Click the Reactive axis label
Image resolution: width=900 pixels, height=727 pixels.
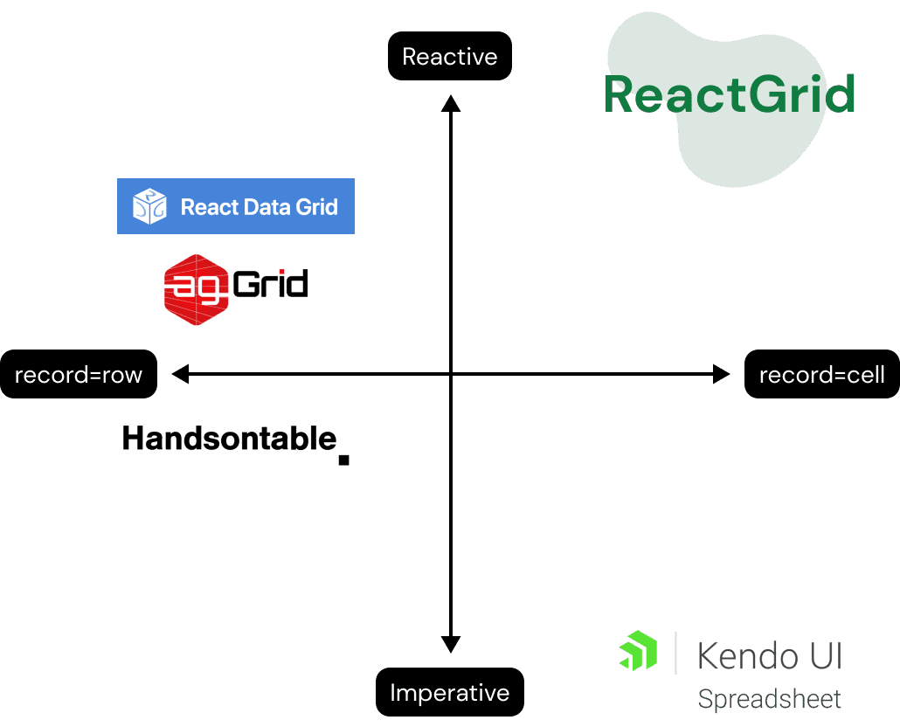click(x=449, y=58)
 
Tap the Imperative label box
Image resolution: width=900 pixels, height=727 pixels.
click(x=449, y=693)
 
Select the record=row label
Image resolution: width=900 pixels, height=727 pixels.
click(x=78, y=375)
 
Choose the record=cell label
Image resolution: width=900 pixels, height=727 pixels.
click(x=821, y=375)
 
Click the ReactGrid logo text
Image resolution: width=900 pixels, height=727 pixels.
click(x=729, y=94)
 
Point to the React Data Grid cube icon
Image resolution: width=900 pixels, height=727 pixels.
click(x=149, y=206)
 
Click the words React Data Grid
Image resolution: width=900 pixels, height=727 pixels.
click(x=259, y=207)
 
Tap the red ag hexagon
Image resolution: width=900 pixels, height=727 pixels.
click(x=195, y=289)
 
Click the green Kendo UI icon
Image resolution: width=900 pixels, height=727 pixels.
click(x=638, y=652)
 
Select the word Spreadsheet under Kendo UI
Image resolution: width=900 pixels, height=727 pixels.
click(x=770, y=699)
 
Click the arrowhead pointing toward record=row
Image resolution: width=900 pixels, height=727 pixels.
click(x=180, y=375)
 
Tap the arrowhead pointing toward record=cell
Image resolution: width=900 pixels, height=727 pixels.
click(x=721, y=375)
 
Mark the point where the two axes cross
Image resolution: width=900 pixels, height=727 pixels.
click(x=450, y=375)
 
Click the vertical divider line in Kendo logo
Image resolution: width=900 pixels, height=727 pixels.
click(x=675, y=652)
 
